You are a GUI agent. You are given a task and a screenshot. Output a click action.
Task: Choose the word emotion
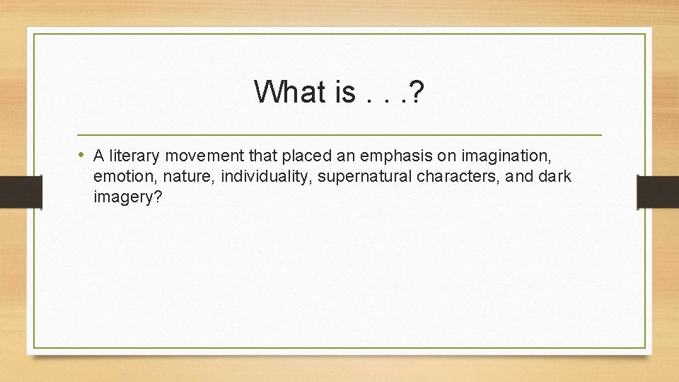120,177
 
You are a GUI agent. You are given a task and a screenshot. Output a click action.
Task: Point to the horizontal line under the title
339,134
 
